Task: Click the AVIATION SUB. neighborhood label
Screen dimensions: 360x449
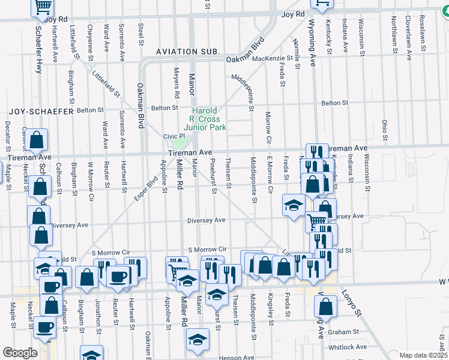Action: point(187,52)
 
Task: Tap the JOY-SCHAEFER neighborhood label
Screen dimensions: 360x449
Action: point(40,112)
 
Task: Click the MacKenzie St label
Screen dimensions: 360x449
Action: point(272,59)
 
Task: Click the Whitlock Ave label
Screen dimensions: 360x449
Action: point(348,347)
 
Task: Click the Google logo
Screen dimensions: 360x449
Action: point(20,353)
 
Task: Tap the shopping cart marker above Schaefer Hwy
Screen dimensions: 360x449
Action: point(42,6)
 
